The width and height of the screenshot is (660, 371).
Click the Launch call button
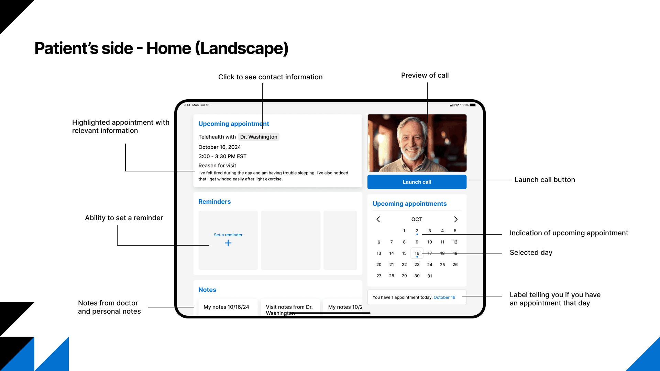coord(417,182)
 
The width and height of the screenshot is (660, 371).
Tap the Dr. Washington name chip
coord(258,137)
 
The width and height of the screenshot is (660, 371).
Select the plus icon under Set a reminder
coord(228,243)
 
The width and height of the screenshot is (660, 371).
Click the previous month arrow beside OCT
coord(378,219)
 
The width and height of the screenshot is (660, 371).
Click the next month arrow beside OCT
coord(456,219)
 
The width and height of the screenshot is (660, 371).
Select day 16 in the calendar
coord(417,254)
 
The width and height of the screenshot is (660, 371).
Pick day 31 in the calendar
coord(430,276)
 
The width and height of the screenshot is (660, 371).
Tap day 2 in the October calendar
coord(417,231)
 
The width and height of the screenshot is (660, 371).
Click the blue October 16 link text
coord(444,297)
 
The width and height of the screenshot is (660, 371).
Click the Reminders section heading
coord(214,202)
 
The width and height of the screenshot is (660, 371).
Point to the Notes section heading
coord(207,290)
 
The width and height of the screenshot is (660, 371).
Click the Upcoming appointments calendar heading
coord(409,204)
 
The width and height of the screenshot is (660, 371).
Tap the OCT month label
coord(417,219)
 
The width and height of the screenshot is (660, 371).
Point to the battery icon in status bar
coord(473,105)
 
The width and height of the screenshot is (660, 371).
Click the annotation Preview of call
coord(425,75)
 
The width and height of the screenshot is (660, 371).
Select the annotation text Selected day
coord(531,252)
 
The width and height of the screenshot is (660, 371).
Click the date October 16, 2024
coord(220,147)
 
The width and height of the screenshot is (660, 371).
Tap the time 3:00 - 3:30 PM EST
coord(222,156)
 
